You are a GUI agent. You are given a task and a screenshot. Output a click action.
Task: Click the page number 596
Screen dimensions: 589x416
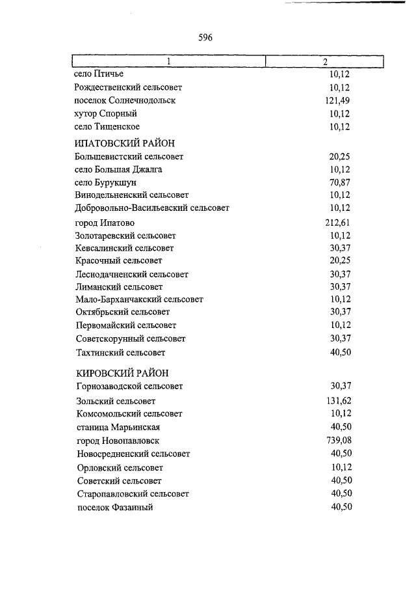click(205, 38)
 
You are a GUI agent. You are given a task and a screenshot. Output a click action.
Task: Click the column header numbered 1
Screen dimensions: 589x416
click(168, 62)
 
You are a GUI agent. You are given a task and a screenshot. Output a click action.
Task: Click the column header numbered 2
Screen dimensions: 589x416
click(324, 62)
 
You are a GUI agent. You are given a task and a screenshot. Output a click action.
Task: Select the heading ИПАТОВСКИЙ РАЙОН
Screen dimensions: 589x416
click(125, 143)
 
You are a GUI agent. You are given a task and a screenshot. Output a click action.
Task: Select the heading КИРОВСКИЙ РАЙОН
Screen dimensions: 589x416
click(122, 372)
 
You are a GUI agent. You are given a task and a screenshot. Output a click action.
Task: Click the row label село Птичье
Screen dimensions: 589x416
click(99, 74)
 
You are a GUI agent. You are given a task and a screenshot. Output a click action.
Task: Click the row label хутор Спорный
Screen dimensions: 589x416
click(106, 113)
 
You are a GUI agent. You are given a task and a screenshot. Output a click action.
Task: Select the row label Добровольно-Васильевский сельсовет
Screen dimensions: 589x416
click(152, 208)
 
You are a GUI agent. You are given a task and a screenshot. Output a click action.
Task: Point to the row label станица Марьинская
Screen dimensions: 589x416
click(118, 428)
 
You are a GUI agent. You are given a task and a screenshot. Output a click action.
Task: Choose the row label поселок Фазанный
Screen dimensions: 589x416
click(114, 507)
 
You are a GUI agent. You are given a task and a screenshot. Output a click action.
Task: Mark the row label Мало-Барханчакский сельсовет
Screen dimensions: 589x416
click(140, 299)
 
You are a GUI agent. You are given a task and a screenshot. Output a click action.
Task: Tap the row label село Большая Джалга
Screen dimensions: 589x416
click(119, 169)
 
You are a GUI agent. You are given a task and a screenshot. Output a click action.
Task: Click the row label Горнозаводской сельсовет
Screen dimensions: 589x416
click(129, 386)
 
